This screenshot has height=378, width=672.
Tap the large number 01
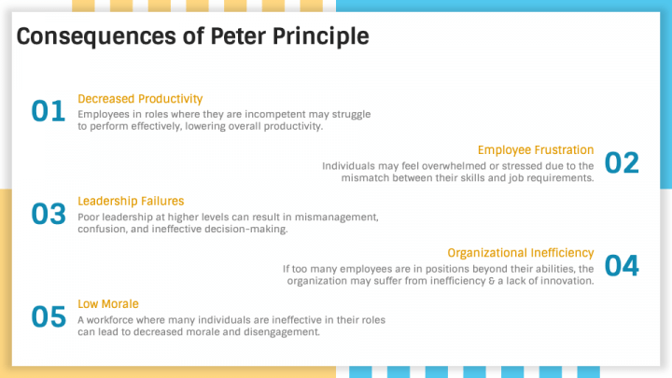[49, 112]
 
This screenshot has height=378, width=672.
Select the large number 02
[622, 163]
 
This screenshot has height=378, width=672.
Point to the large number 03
[49, 215]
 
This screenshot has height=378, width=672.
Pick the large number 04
[622, 266]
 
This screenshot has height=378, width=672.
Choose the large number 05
[49, 317]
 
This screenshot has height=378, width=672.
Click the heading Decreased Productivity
[140, 98]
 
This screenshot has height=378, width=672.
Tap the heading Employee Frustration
[536, 149]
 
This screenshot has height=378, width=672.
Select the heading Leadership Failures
[131, 201]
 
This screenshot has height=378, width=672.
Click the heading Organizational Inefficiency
[521, 252]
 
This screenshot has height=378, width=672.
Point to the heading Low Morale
[108, 303]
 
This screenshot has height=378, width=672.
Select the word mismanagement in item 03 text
[335, 217]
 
